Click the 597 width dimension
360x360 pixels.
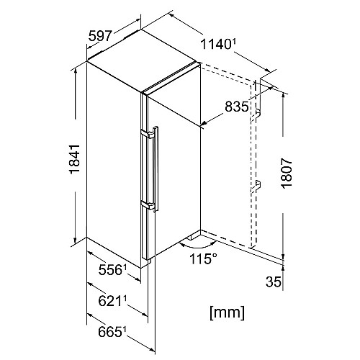100,36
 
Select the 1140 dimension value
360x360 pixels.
215,44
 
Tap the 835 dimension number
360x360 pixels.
237,107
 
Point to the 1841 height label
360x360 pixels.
74,159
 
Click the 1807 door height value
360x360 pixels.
287,173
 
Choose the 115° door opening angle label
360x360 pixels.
203,258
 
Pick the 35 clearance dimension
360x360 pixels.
273,282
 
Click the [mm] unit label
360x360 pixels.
227,312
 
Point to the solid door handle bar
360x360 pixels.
156,169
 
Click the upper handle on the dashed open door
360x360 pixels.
256,115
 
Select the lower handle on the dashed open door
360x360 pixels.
256,186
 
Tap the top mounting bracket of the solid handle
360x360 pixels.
148,134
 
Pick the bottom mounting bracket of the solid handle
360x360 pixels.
148,205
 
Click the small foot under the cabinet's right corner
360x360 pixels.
191,237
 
